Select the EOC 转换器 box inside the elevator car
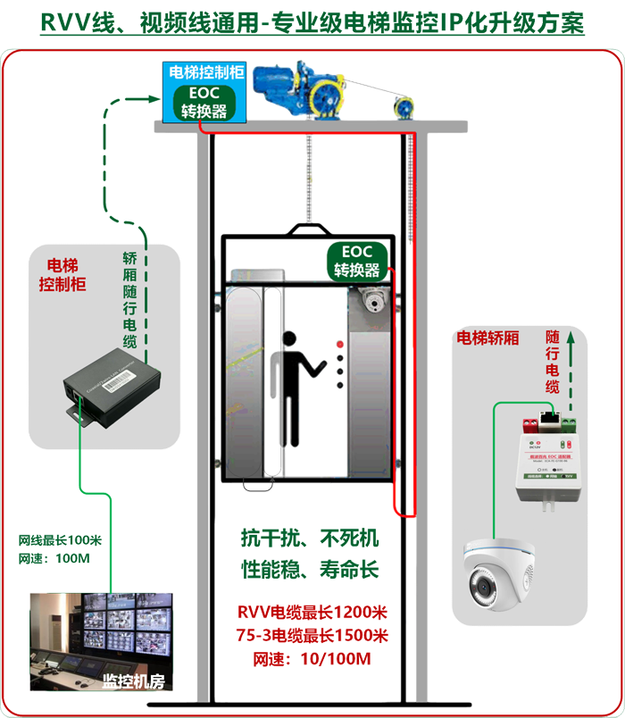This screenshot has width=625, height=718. (x=357, y=261)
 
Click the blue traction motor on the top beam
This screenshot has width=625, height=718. (x=299, y=90)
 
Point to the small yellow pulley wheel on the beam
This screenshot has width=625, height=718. (x=407, y=106)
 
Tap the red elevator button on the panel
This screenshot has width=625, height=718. (x=339, y=344)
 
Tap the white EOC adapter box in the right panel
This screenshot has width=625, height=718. (x=546, y=455)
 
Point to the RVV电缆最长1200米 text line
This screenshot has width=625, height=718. (x=312, y=613)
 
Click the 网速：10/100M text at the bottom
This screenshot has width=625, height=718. (x=312, y=659)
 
